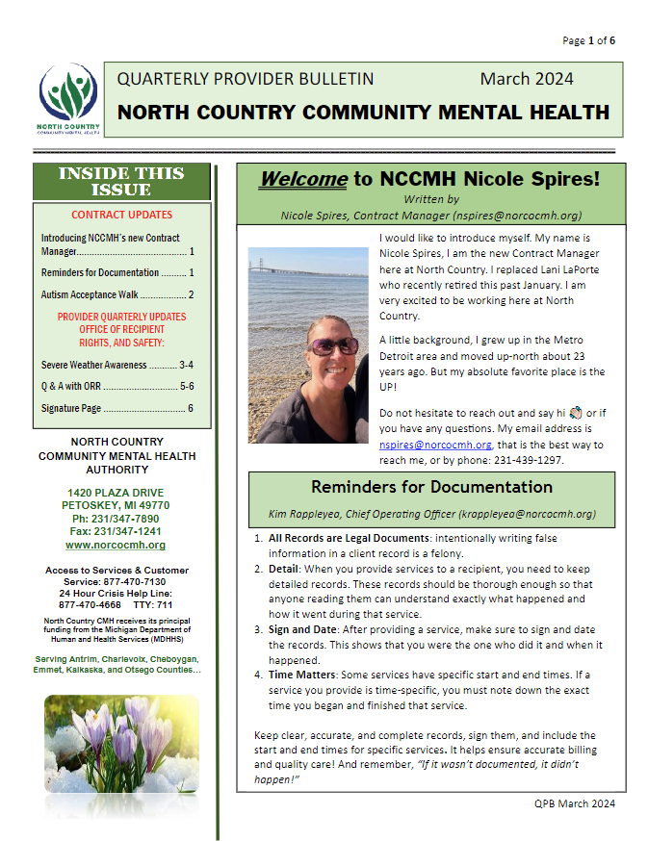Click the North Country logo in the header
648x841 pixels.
pos(67,101)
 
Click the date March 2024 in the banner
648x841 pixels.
pos(527,79)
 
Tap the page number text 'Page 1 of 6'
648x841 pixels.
pos(588,40)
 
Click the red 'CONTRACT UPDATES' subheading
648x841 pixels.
pos(122,215)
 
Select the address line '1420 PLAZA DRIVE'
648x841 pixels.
pos(121,493)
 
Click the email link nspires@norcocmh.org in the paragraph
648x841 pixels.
pos(435,445)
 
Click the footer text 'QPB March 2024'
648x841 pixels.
pos(574,803)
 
